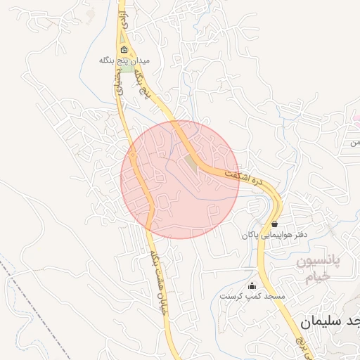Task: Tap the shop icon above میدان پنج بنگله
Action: (x=124, y=49)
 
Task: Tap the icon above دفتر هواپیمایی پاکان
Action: (x=274, y=224)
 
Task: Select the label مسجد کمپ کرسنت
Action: (x=252, y=296)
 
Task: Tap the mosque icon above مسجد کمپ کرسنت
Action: (x=252, y=285)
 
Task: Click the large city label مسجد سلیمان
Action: (x=330, y=321)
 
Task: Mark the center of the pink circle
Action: (x=180, y=179)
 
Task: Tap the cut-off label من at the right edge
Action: (x=355, y=142)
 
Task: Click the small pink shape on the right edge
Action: (x=356, y=117)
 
